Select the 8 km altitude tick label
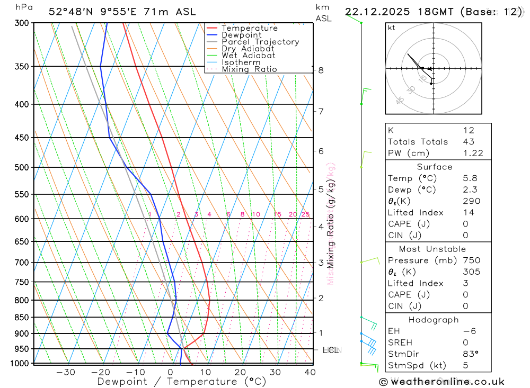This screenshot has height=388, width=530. pyautogui.click(x=321, y=70)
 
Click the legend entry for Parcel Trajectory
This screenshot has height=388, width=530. pyautogui.click(x=260, y=42)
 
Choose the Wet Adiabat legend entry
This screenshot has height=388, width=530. pyautogui.click(x=248, y=56)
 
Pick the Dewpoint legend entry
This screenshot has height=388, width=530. pyautogui.click(x=241, y=35)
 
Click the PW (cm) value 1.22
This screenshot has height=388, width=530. pyautogui.click(x=473, y=153)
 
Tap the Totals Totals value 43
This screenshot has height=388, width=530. pyautogui.click(x=469, y=142)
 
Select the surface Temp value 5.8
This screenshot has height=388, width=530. pyautogui.click(x=470, y=178)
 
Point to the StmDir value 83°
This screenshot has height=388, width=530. pyautogui.click(x=470, y=354)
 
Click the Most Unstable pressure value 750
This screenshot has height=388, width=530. pyautogui.click(x=471, y=260)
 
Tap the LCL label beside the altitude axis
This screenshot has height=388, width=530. pyautogui.click(x=331, y=350)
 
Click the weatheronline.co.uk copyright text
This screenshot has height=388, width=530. pyautogui.click(x=441, y=382)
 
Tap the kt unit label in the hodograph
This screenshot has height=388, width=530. pyautogui.click(x=392, y=28)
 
